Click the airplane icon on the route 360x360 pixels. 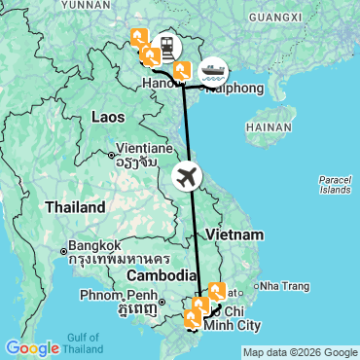click(x=188, y=177)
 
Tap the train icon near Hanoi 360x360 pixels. click(x=170, y=47)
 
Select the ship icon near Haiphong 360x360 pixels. click(x=213, y=71)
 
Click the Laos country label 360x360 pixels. click(x=109, y=117)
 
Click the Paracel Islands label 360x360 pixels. click(x=335, y=184)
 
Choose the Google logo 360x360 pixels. click(x=32, y=347)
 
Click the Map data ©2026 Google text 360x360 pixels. click(x=300, y=352)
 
